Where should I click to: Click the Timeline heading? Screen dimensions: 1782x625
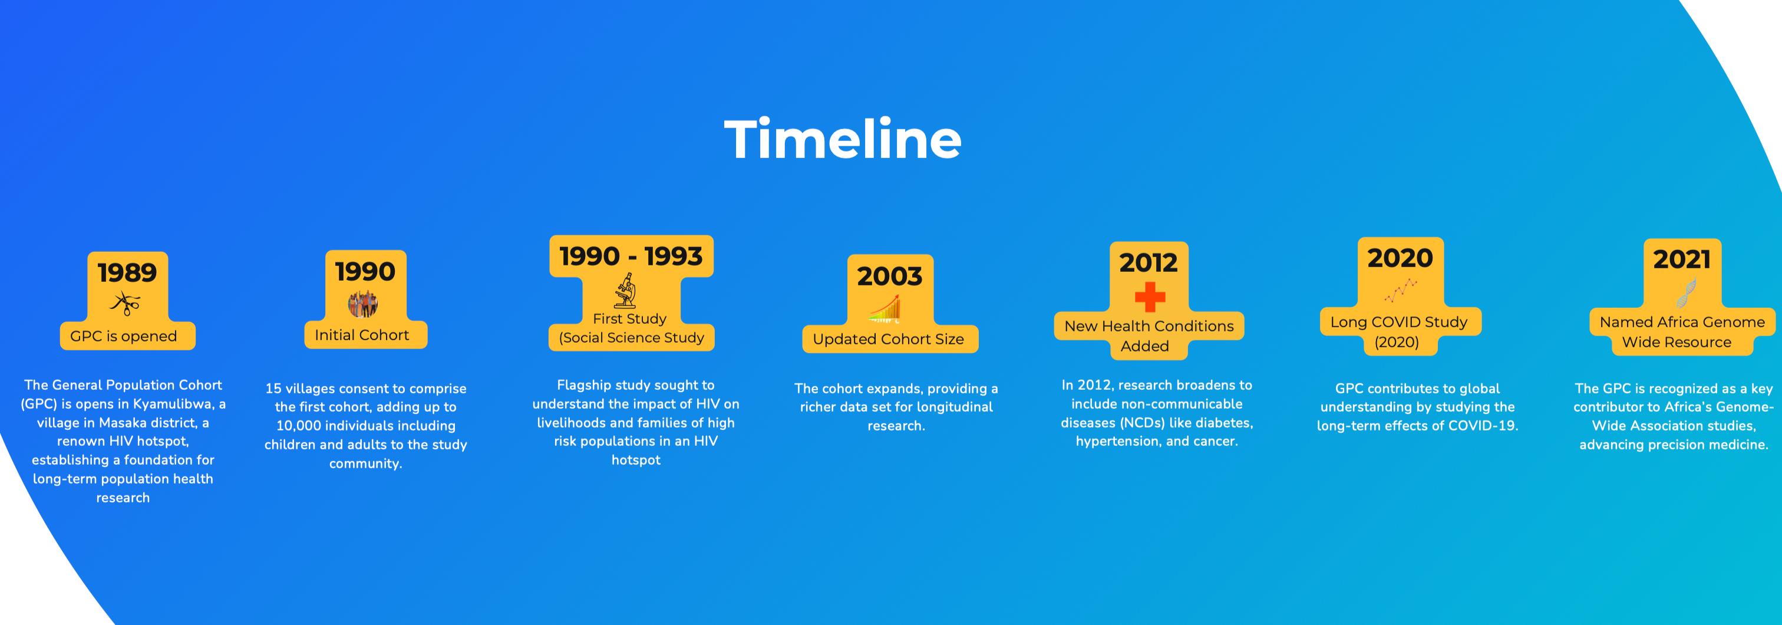click(843, 139)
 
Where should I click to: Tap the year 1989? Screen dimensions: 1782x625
click(127, 273)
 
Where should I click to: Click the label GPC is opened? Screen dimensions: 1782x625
click(123, 336)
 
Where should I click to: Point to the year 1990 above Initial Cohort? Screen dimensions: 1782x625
click(365, 271)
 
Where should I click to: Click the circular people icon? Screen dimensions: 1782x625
click(363, 303)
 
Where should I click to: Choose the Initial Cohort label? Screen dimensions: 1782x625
click(362, 335)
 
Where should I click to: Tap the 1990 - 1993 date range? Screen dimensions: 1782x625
click(631, 256)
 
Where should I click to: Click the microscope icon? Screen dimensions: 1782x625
click(625, 291)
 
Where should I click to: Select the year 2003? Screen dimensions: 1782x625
click(890, 276)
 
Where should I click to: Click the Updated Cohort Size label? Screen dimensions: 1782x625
click(888, 339)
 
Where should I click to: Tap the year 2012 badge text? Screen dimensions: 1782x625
click(1149, 262)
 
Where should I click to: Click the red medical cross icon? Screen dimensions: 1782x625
click(1150, 298)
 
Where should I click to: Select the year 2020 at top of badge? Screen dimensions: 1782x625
click(1400, 258)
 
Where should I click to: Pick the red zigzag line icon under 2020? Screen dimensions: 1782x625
click(1401, 291)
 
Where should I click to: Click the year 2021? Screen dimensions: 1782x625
click(1682, 259)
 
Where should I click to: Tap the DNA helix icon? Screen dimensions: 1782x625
click(1687, 292)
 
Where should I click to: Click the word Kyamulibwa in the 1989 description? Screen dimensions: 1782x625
click(173, 404)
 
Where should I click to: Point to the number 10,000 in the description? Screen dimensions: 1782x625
click(298, 426)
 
